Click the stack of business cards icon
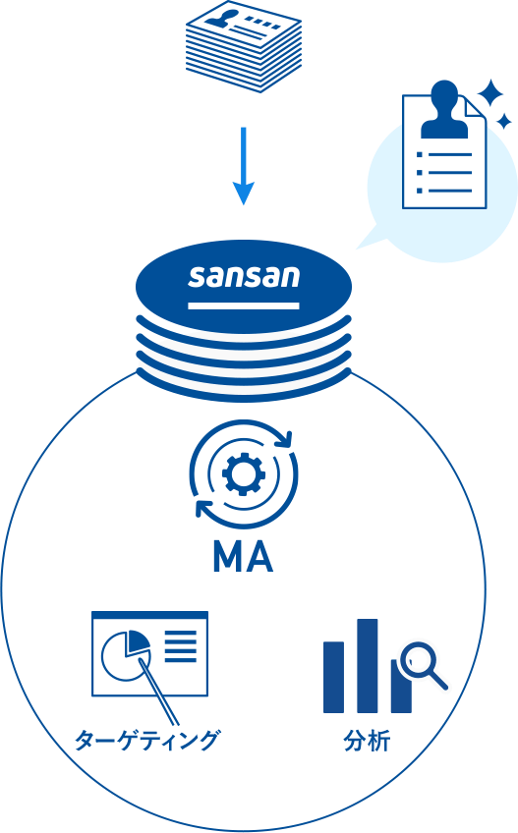tap(244, 46)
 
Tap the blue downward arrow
tap(244, 166)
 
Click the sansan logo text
tap(244, 276)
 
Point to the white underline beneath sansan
tap(244, 305)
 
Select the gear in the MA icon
tap(243, 473)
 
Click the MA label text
tap(243, 557)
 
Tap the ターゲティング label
tap(146, 740)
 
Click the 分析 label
tap(367, 740)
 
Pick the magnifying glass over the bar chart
tap(423, 665)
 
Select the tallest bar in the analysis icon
tap(368, 666)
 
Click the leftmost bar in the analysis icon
tap(333, 677)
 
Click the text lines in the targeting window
tap(180, 646)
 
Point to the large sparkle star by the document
tap(489, 94)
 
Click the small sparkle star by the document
tap(503, 121)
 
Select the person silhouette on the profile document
tap(444, 110)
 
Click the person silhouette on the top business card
tap(218, 20)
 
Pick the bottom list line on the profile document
tap(444, 191)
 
